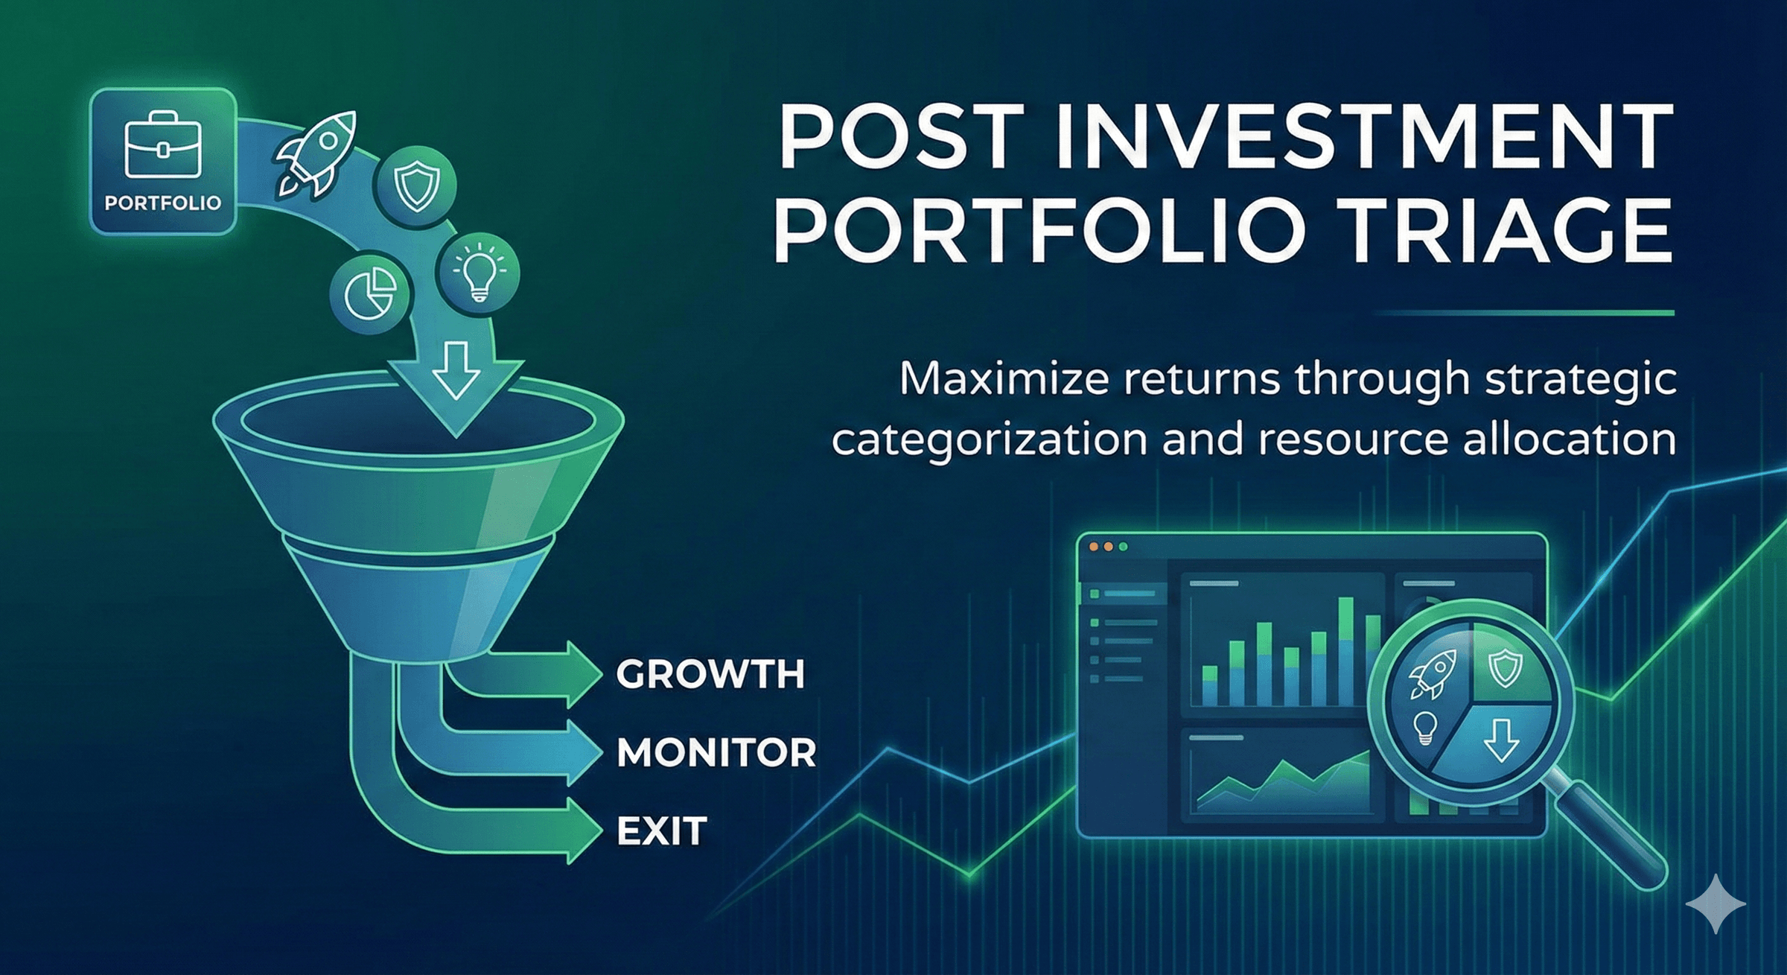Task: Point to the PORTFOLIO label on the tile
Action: click(x=163, y=203)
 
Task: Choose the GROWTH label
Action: click(x=710, y=674)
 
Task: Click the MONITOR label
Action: click(x=716, y=752)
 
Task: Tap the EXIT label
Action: click(x=661, y=831)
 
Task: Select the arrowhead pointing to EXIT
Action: click(x=584, y=830)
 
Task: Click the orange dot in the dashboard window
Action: click(x=1094, y=547)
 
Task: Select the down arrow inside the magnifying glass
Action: click(x=1501, y=740)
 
